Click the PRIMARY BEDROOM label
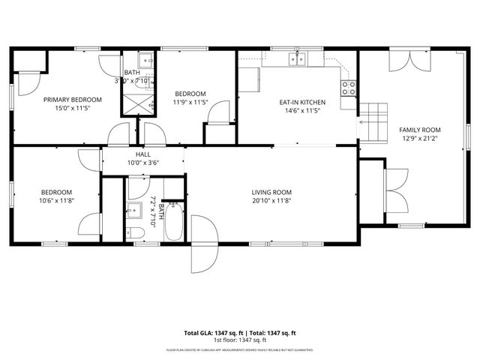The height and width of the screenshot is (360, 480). pyautogui.click(x=73, y=99)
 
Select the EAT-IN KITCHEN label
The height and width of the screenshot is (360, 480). pyautogui.click(x=302, y=101)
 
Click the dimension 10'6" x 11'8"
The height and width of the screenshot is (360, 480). pyautogui.click(x=57, y=200)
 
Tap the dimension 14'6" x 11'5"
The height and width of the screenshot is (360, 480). pyautogui.click(x=302, y=110)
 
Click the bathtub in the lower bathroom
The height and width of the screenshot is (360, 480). pyautogui.click(x=174, y=221)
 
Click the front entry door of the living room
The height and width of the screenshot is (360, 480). pyautogui.click(x=201, y=244)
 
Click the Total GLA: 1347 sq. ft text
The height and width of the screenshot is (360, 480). pyautogui.click(x=211, y=332)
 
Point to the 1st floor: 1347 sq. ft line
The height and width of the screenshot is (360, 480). pyautogui.click(x=240, y=340)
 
